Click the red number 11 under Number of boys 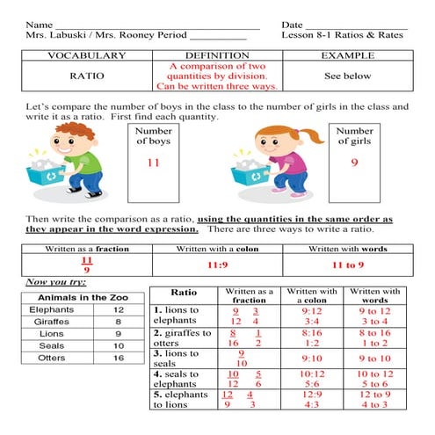tap(153, 163)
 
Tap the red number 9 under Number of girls tap(354, 162)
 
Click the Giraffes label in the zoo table tap(51, 322)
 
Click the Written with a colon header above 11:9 tap(217, 249)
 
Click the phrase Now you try tap(50, 282)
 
